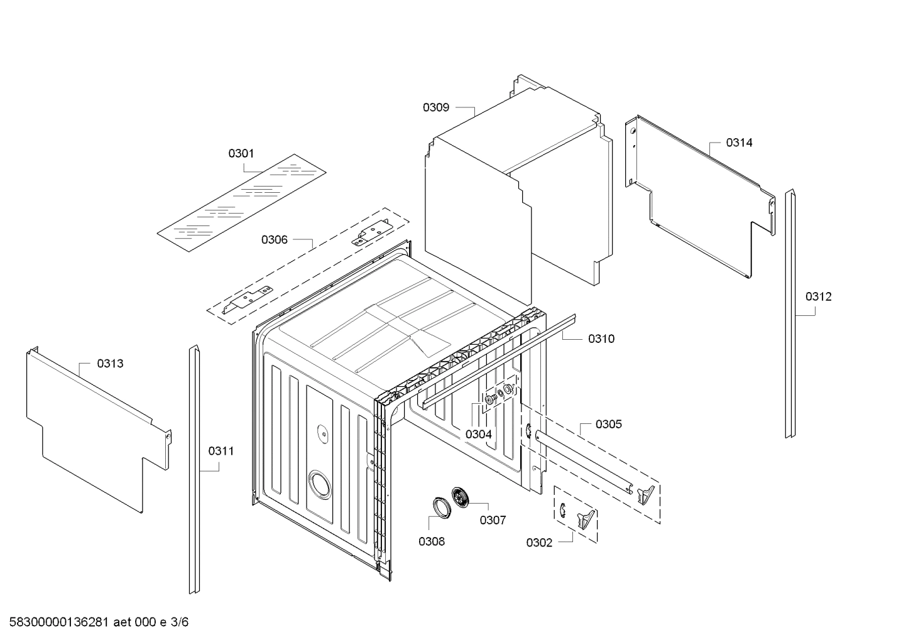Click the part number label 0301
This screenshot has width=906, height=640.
pyautogui.click(x=241, y=153)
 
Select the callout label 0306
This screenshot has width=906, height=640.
pyautogui.click(x=275, y=239)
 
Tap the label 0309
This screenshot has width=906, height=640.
pyautogui.click(x=435, y=107)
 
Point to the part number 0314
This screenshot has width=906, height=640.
pyautogui.click(x=739, y=143)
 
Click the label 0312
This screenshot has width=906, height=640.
pyautogui.click(x=818, y=296)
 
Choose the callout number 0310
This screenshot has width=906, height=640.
pyautogui.click(x=601, y=339)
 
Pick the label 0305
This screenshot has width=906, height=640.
pyautogui.click(x=609, y=424)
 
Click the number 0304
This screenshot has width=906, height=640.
pyautogui.click(x=479, y=434)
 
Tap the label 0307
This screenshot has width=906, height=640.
pyautogui.click(x=493, y=520)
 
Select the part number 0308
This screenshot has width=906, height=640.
pyautogui.click(x=432, y=541)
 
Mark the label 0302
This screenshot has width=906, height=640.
pyautogui.click(x=539, y=543)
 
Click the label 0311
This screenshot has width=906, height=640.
pyautogui.click(x=221, y=450)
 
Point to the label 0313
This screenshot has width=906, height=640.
pyautogui.click(x=110, y=363)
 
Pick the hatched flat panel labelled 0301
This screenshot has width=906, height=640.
pyautogui.click(x=242, y=201)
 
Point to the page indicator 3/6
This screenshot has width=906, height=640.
pyautogui.click(x=180, y=622)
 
